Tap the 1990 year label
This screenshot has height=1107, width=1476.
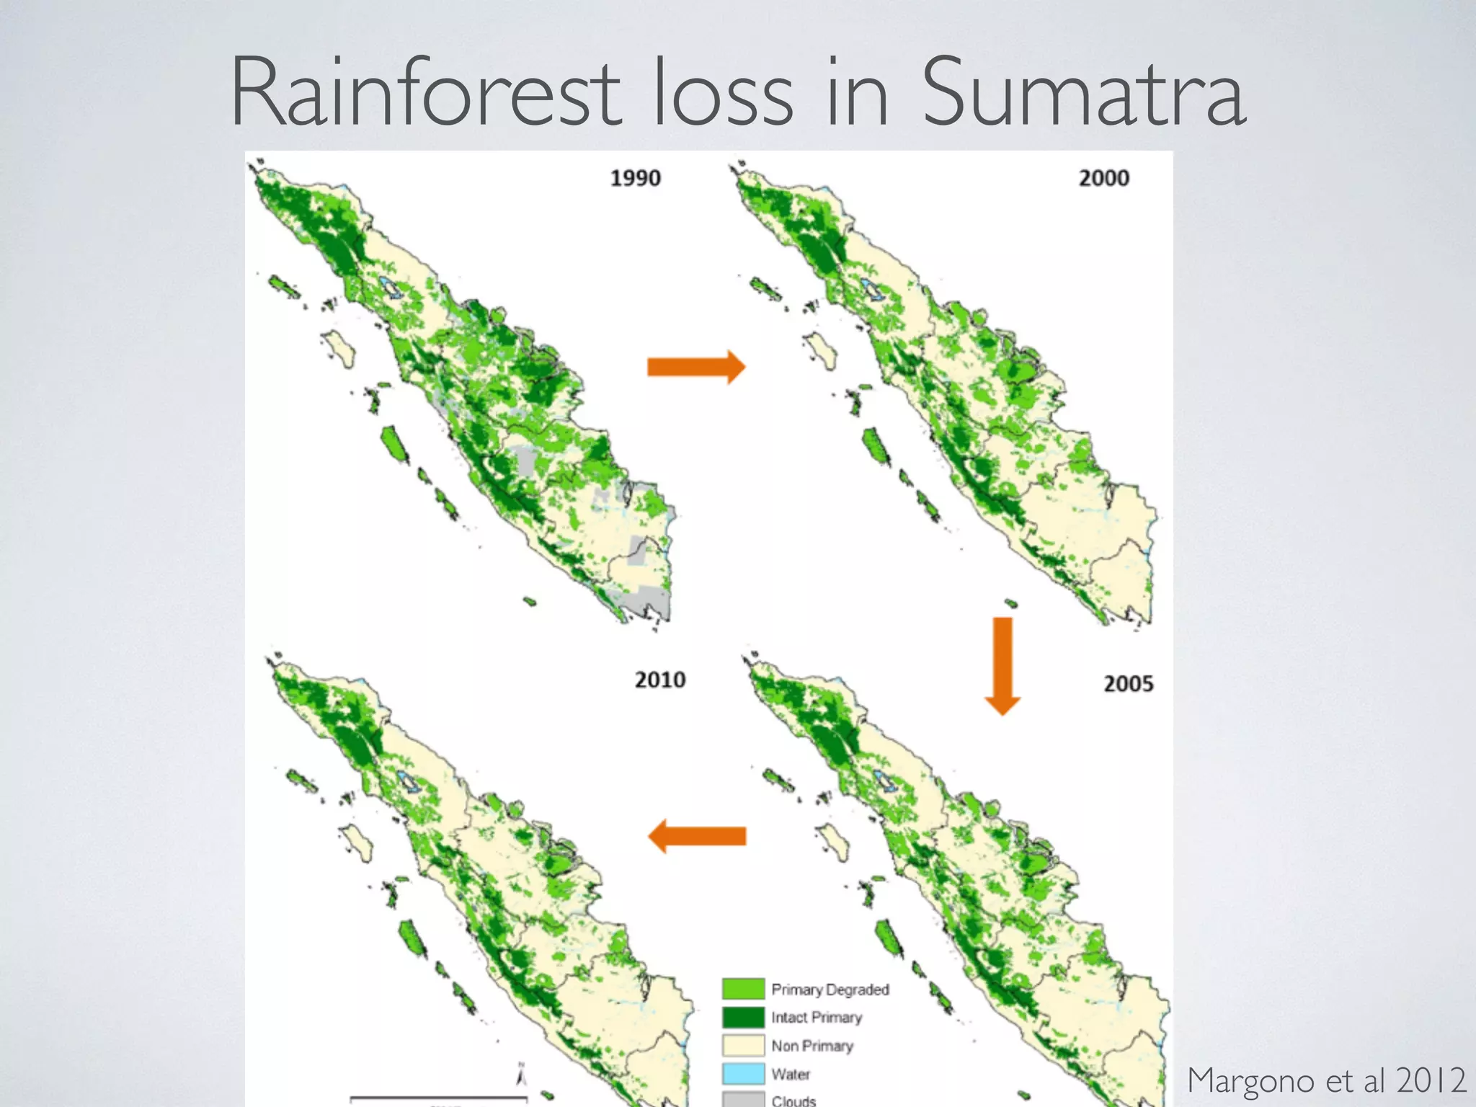635,178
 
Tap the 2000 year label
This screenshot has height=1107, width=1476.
1103,178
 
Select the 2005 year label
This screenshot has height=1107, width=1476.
1128,683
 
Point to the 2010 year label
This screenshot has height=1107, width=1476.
659,680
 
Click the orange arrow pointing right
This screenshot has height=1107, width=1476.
695,367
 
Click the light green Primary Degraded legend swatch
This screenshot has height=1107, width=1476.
743,989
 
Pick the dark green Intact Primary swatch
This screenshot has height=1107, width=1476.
743,1017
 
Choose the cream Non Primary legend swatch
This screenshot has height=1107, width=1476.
743,1045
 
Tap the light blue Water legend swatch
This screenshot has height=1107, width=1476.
743,1073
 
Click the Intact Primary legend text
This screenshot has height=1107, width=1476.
816,1017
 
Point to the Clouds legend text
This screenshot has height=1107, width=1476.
793,1100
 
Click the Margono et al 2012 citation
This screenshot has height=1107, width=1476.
1326,1080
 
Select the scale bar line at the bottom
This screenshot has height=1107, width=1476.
438,1098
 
